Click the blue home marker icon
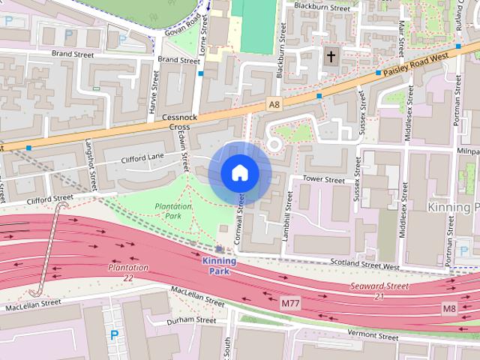(x=239, y=173)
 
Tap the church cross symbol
(x=331, y=56)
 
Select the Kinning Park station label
(x=219, y=265)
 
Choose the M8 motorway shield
(x=448, y=308)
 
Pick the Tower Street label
(x=323, y=180)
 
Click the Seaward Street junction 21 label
(x=379, y=291)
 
